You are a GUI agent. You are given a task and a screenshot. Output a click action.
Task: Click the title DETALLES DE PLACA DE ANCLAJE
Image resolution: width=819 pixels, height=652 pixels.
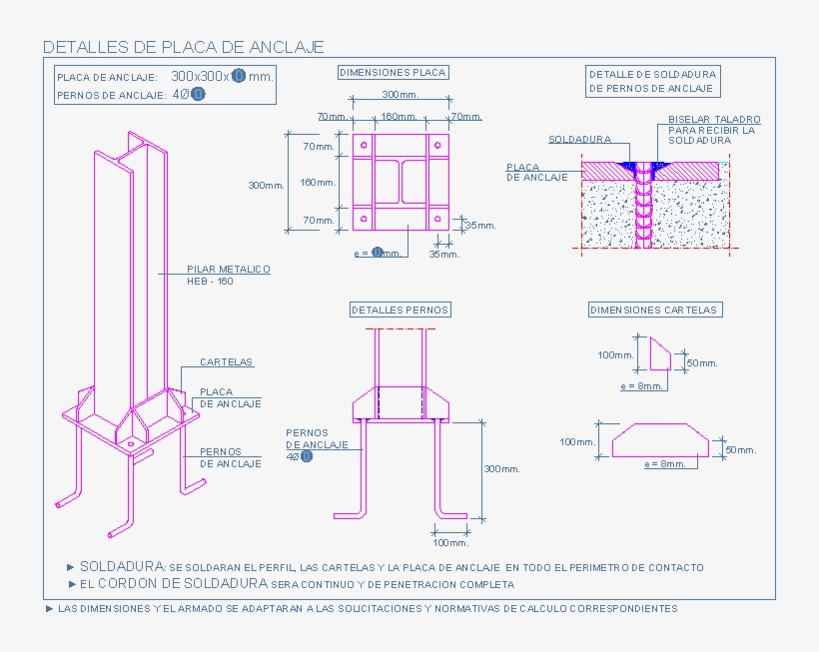click(183, 47)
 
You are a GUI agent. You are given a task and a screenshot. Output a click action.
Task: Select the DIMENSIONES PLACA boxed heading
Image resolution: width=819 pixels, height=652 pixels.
click(393, 73)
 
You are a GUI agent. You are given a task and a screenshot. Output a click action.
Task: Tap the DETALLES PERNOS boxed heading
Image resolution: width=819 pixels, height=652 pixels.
click(400, 311)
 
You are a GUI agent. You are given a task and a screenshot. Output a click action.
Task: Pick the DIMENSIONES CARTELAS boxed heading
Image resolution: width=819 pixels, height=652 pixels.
click(654, 311)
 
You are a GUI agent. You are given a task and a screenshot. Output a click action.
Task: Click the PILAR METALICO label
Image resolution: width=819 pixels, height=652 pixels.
click(229, 270)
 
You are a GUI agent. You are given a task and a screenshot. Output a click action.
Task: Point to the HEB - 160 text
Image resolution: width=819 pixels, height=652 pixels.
click(210, 282)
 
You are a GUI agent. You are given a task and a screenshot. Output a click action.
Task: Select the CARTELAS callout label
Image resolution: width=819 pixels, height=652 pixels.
click(226, 362)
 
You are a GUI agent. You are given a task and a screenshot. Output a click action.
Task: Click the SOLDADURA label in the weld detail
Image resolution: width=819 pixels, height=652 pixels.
click(579, 140)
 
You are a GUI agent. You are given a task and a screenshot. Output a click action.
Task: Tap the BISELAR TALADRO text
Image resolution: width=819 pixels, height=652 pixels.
click(714, 119)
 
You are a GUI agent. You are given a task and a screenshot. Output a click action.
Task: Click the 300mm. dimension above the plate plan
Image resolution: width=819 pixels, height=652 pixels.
click(401, 95)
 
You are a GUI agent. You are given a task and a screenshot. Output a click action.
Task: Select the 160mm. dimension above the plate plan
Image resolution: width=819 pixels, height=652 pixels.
click(400, 117)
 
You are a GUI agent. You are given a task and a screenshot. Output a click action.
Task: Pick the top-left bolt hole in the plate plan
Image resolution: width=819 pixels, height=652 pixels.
click(364, 146)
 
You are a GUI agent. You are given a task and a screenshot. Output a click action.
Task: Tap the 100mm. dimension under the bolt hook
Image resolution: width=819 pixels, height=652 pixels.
click(450, 542)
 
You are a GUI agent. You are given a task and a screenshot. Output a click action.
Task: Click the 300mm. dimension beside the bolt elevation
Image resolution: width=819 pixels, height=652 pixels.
click(500, 469)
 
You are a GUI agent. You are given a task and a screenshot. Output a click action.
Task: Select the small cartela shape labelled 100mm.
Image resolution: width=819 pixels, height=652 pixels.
click(660, 353)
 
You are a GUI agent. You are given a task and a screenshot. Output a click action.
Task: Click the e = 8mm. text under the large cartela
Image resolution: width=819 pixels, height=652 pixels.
click(664, 464)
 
